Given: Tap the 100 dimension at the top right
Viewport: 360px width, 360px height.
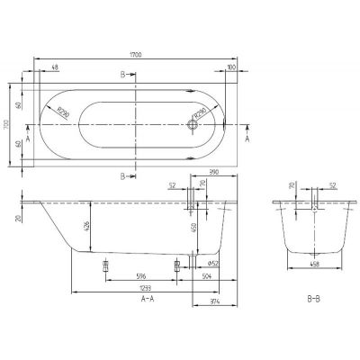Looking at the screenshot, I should pyautogui.click(x=232, y=67).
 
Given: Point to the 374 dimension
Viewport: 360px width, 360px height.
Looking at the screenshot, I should pyautogui.click(x=213, y=301).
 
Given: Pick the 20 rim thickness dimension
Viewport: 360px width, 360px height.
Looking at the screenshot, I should pyautogui.click(x=18, y=217).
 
